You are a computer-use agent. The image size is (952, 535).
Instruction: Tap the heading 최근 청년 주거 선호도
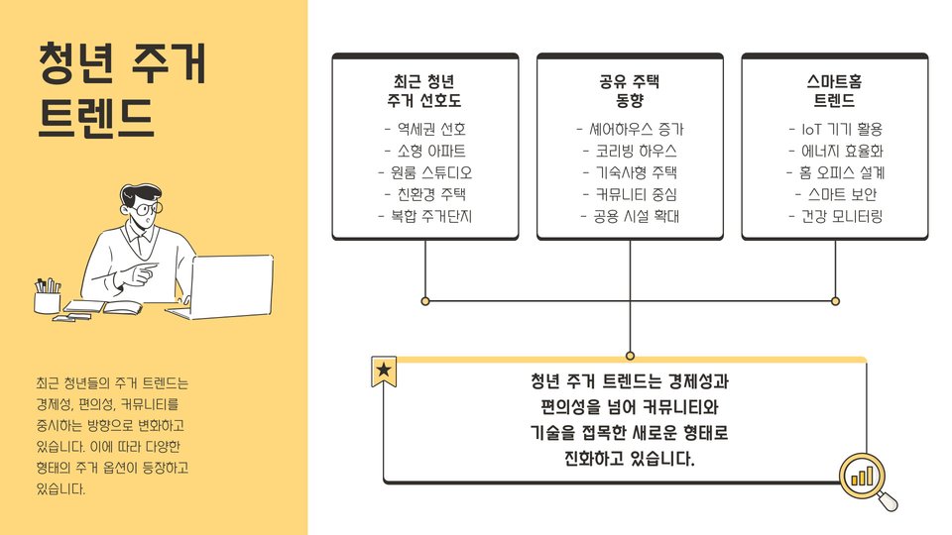tap(424, 91)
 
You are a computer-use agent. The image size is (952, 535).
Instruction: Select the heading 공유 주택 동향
tap(630, 91)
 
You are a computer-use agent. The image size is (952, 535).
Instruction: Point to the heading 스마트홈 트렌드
tap(834, 91)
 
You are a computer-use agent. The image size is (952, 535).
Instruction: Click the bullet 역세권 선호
tap(424, 129)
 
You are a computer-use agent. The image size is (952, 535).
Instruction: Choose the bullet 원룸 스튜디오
tap(424, 172)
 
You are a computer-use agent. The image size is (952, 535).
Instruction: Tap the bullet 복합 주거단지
tap(424, 216)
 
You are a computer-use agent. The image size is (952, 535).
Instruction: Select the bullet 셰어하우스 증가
tap(630, 129)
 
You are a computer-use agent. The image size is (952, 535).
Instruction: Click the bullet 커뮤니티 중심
tap(630, 194)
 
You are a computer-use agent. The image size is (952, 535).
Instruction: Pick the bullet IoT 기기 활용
tap(834, 129)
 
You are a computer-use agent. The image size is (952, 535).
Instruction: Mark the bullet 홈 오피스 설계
tap(834, 172)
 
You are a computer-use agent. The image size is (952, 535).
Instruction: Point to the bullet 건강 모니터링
tap(834, 216)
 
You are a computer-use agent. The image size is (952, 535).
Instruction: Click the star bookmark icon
tap(384, 371)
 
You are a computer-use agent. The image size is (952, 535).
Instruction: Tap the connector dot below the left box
tap(425, 300)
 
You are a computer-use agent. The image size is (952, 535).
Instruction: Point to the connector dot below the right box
tap(835, 300)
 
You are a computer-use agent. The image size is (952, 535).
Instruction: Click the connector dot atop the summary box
tap(631, 355)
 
